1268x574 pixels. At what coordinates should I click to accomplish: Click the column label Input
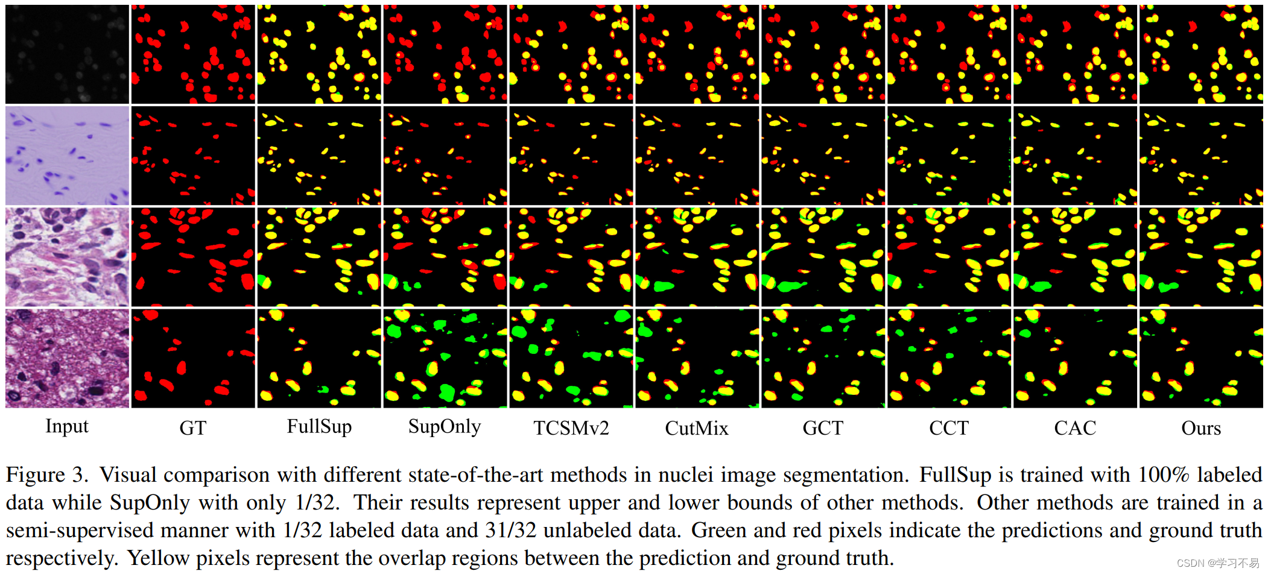pyautogui.click(x=67, y=426)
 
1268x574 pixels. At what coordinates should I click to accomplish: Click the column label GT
pyautogui.click(x=193, y=428)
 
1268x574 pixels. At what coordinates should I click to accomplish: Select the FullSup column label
pyautogui.click(x=319, y=426)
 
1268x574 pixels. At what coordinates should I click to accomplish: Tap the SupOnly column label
pyautogui.click(x=445, y=426)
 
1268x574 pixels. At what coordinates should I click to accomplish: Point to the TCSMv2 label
pyautogui.click(x=571, y=428)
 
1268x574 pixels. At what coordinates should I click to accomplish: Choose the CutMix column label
pyautogui.click(x=697, y=428)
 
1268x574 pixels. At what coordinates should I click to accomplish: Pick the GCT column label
pyautogui.click(x=823, y=428)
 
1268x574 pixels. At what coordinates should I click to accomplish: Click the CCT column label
pyautogui.click(x=949, y=428)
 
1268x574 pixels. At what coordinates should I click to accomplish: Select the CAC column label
pyautogui.click(x=1075, y=428)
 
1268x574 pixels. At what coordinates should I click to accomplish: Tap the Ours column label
pyautogui.click(x=1201, y=428)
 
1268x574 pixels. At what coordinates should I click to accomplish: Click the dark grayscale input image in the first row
pyautogui.click(x=67, y=54)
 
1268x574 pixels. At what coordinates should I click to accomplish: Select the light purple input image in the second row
pyautogui.click(x=67, y=156)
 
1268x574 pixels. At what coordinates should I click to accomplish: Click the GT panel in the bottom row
pyautogui.click(x=193, y=358)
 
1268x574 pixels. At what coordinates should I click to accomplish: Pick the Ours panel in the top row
pyautogui.click(x=1201, y=54)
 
